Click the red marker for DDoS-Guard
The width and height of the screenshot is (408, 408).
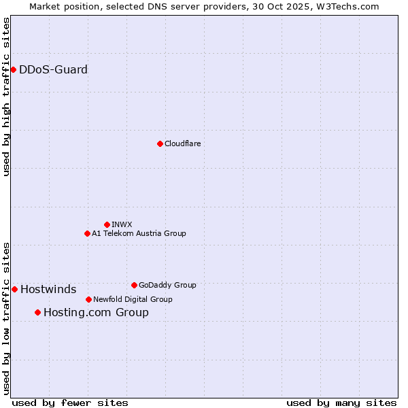click(x=13, y=69)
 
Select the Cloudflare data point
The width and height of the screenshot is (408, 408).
click(x=160, y=143)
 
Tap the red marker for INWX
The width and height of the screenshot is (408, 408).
click(x=107, y=224)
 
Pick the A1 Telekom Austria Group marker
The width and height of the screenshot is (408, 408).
click(x=87, y=233)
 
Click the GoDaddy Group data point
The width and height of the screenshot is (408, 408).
click(x=134, y=285)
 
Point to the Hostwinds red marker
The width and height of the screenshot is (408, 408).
click(x=14, y=289)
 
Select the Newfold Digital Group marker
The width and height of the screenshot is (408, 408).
click(x=88, y=299)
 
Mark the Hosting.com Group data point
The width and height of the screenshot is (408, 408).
click(x=37, y=312)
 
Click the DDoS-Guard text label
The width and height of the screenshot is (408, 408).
click(x=53, y=69)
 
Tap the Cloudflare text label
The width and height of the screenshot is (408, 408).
click(x=182, y=143)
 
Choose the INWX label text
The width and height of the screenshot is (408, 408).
click(x=122, y=224)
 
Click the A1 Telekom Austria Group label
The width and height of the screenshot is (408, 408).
click(x=139, y=233)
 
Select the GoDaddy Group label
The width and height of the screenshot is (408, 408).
click(x=167, y=285)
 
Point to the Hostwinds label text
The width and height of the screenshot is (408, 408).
click(x=48, y=290)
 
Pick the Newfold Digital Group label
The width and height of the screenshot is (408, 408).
click(x=133, y=299)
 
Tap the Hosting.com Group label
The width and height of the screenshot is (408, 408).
click(x=96, y=313)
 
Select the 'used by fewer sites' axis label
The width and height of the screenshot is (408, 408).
click(x=70, y=403)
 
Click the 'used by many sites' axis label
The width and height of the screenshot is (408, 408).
click(x=341, y=403)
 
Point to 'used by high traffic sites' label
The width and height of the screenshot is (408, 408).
click(x=6, y=97)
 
